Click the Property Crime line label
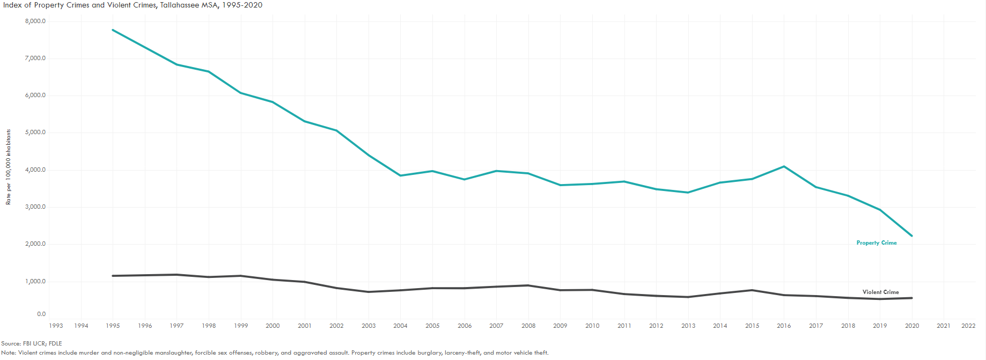(x=876, y=243)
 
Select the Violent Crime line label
(x=880, y=292)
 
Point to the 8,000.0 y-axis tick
(x=35, y=21)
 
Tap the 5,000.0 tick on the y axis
(x=35, y=133)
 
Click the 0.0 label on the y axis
(x=41, y=314)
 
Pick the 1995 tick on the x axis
(x=113, y=326)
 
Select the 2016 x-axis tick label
(x=784, y=326)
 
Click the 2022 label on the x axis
(x=968, y=326)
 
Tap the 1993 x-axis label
(x=56, y=326)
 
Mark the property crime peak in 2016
(x=784, y=166)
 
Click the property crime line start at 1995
(x=113, y=30)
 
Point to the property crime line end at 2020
(x=911, y=236)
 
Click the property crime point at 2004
(x=400, y=175)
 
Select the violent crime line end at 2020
(x=911, y=298)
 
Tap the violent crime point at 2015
(x=752, y=290)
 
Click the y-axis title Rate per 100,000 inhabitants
(x=8, y=167)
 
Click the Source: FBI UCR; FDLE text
(x=31, y=343)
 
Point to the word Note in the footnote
(x=9, y=353)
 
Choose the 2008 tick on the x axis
(x=528, y=326)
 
